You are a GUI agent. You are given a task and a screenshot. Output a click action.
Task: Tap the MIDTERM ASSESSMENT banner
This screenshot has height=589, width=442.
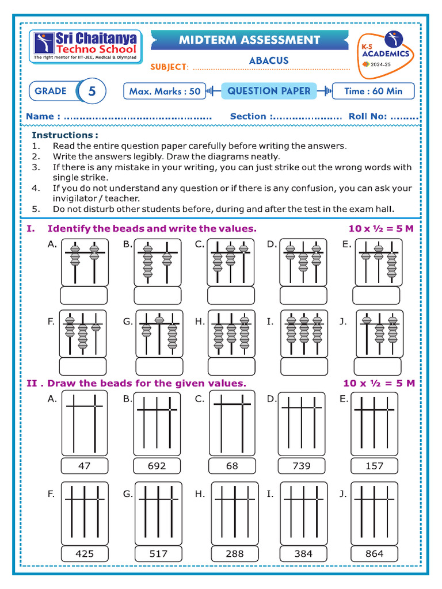click(x=249, y=40)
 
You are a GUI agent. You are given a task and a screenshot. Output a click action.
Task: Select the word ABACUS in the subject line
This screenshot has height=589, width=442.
click(x=269, y=60)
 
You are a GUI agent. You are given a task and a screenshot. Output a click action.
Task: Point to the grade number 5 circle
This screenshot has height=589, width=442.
click(x=92, y=91)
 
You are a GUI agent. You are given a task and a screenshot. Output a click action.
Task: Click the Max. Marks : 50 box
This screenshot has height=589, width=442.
click(x=165, y=91)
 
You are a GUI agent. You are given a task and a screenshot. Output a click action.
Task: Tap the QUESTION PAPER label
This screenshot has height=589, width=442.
click(x=269, y=91)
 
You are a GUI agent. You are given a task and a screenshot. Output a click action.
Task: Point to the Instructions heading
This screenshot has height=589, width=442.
click(x=64, y=135)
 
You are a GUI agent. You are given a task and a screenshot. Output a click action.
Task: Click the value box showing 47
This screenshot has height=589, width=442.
click(x=84, y=466)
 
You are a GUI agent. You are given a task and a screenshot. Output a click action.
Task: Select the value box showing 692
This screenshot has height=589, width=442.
click(x=157, y=466)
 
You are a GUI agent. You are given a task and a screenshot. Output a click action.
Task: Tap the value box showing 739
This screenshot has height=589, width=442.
click(x=302, y=466)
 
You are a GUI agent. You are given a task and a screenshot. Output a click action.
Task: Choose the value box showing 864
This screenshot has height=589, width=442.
click(x=374, y=554)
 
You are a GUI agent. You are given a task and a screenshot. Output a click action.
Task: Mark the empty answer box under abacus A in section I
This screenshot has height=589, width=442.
click(x=84, y=295)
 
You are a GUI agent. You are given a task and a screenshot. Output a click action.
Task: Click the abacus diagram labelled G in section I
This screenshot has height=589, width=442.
click(x=159, y=334)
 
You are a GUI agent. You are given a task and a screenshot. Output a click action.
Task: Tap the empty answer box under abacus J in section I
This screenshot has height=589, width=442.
click(x=377, y=366)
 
